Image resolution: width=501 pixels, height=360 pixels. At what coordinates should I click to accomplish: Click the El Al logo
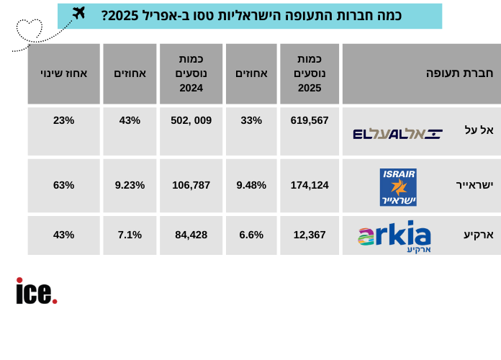[x=397, y=133]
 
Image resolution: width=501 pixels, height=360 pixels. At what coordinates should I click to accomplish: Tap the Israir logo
[x=398, y=187]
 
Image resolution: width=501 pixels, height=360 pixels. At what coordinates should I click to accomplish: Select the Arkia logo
[x=394, y=236]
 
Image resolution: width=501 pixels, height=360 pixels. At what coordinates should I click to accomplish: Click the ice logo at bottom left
[x=36, y=291]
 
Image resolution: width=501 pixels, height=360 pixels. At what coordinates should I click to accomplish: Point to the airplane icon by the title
[x=78, y=13]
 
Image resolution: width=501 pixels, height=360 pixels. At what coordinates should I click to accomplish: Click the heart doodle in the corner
[x=29, y=30]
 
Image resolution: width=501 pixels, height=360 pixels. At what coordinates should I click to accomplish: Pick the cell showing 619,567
[x=310, y=120]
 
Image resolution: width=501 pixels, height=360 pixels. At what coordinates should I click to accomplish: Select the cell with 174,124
[x=310, y=185]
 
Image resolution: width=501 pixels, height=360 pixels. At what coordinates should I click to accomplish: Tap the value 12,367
[x=310, y=235]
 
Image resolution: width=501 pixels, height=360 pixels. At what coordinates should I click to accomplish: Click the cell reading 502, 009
[x=191, y=120]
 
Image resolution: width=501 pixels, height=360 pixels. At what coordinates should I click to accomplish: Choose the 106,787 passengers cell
[x=191, y=185]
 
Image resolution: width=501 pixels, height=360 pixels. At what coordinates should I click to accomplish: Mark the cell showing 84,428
[x=191, y=235]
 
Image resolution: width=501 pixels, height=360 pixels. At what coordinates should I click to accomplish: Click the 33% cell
[x=251, y=120]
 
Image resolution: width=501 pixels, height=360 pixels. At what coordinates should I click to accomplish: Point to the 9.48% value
[x=251, y=185]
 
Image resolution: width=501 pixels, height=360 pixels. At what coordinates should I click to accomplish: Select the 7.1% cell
[x=130, y=235]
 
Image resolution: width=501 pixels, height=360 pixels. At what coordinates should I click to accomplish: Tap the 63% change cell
[x=63, y=185]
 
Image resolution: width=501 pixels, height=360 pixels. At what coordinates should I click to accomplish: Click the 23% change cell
[x=63, y=120]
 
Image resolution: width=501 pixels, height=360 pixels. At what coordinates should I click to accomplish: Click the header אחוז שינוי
[x=63, y=73]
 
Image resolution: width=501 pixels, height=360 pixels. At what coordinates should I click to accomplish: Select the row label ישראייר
[x=474, y=185]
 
